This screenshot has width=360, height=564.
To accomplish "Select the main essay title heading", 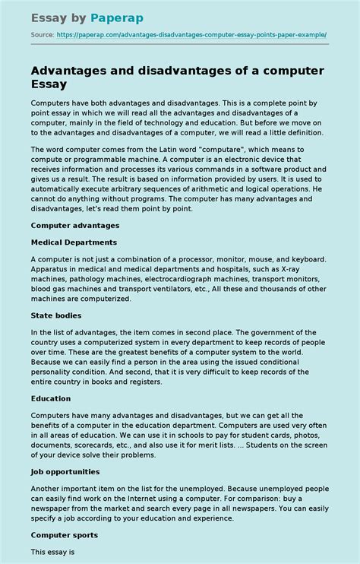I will coord(177,78).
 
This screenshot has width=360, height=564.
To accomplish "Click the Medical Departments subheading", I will coord(74,242).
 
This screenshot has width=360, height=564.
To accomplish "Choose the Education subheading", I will coord(51,398).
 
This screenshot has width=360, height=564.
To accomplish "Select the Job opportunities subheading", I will coord(67,471).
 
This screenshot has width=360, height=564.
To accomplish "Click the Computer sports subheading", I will coord(64,535).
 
